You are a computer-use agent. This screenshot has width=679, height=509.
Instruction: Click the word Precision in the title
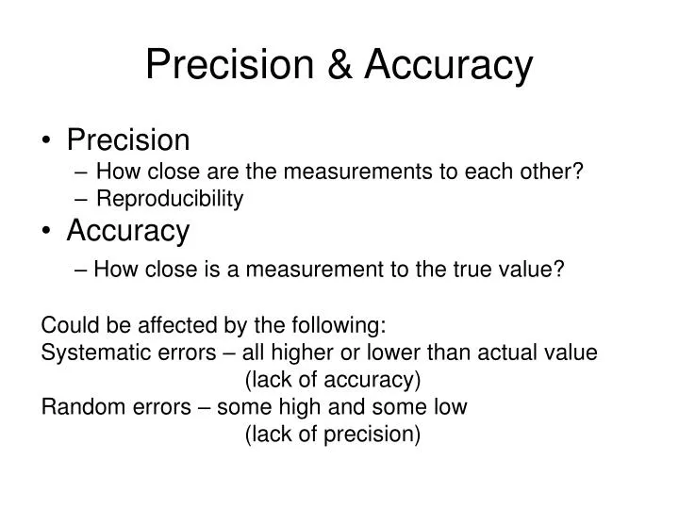tap(229, 64)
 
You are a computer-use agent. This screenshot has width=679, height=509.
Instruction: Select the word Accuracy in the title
tap(449, 64)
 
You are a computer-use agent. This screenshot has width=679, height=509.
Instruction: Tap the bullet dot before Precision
tap(48, 141)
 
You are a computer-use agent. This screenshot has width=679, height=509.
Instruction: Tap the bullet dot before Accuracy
tap(48, 231)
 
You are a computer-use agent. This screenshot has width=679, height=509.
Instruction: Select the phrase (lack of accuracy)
tap(332, 380)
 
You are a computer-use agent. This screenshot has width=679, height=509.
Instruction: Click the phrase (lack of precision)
tap(332, 435)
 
